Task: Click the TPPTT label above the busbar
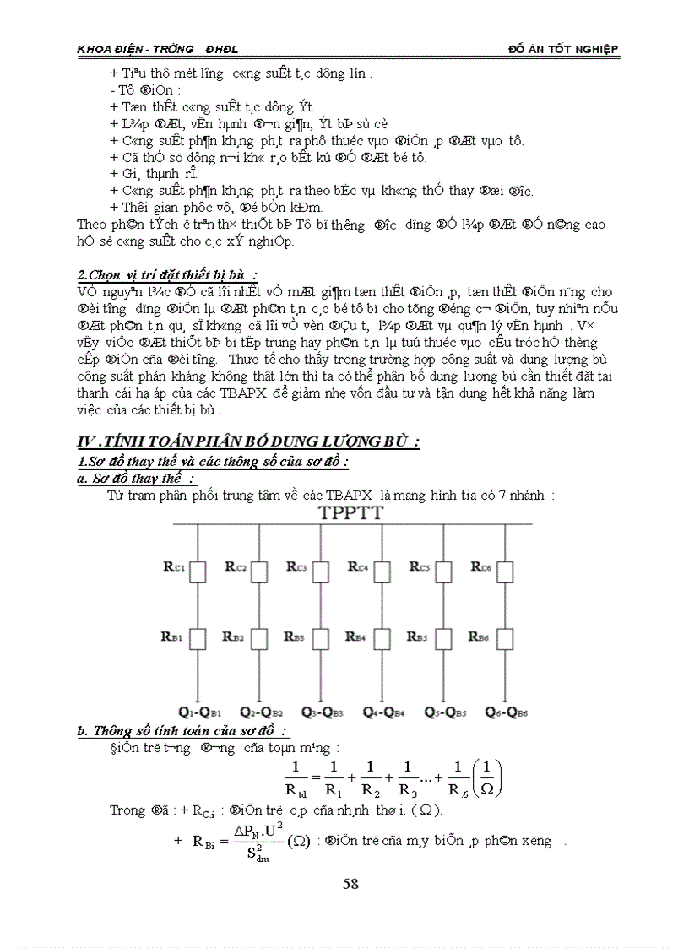click(x=350, y=513)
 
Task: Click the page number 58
click(x=351, y=884)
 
